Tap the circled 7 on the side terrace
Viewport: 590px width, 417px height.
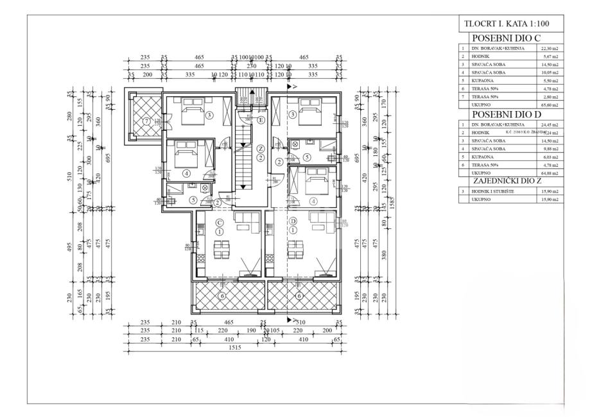pyautogui.click(x=146, y=121)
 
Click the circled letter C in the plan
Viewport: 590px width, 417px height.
pyautogui.click(x=219, y=221)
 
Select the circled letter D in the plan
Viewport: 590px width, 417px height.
pyautogui.click(x=293, y=221)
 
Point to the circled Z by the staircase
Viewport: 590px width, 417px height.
pyautogui.click(x=261, y=149)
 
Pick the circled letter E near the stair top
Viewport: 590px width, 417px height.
pyautogui.click(x=261, y=120)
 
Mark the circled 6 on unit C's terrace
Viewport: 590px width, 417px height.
pyautogui.click(x=221, y=296)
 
